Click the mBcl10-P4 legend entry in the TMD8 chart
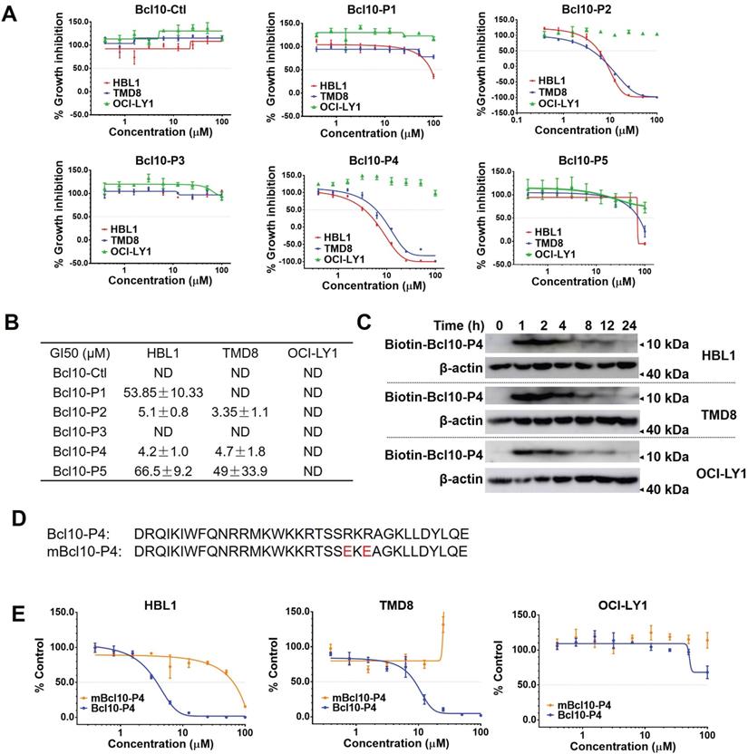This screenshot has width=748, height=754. pos(350,697)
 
